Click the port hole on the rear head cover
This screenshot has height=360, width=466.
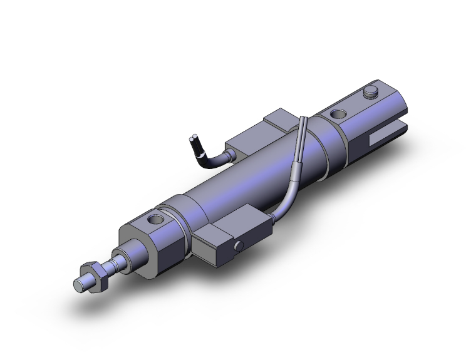click(337, 114)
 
